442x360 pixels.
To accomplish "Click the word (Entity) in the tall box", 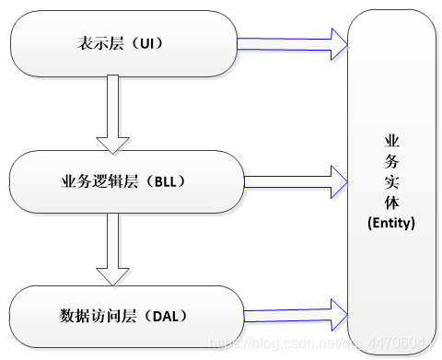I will [x=391, y=223].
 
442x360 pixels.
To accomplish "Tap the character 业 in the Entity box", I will [x=391, y=141].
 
